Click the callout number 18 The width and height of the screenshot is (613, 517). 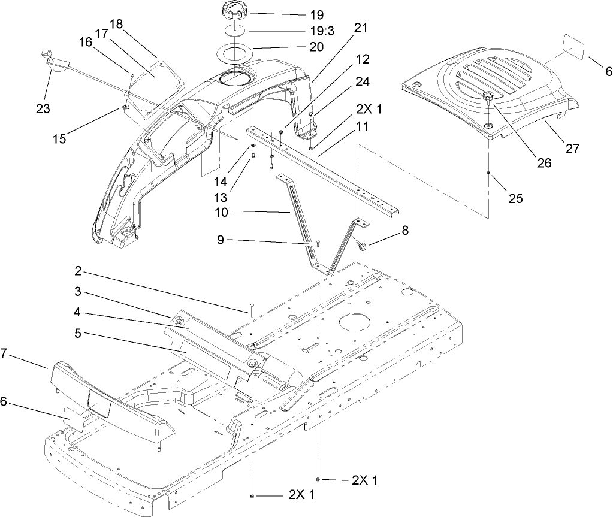[x=115, y=23]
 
